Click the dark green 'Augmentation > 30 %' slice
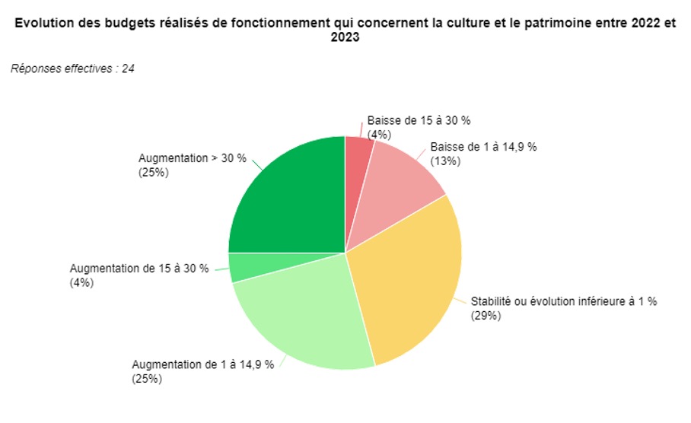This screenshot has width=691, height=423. point(293,198)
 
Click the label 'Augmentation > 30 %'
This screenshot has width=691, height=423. point(193,158)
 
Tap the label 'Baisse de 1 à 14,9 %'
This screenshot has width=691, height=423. point(483,147)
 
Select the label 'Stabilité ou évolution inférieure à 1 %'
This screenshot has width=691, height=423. point(563,301)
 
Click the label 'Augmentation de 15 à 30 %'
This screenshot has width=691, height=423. point(139,269)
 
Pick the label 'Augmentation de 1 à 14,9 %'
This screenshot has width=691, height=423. point(203,364)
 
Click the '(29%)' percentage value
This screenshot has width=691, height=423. point(486,315)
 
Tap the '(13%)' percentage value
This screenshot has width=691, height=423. point(444,161)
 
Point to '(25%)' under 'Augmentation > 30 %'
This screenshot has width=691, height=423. point(153,172)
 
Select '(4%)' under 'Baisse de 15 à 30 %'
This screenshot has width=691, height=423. point(378,134)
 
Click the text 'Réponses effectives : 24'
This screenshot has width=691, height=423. point(73,69)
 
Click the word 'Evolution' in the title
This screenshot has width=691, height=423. point(40,23)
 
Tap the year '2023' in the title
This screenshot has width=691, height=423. point(345,37)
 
